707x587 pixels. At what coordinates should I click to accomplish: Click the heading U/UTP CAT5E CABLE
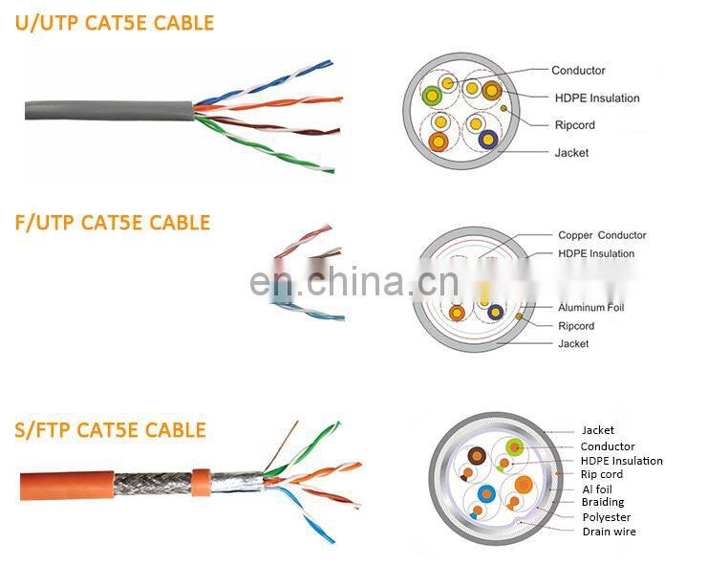click(x=115, y=23)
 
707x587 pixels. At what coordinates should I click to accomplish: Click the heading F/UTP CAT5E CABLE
click(x=113, y=223)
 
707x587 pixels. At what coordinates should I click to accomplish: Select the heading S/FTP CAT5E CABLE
click(x=111, y=429)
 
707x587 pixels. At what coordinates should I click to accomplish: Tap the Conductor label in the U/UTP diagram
click(x=578, y=71)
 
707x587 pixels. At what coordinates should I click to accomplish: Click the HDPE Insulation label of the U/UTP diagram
click(x=597, y=98)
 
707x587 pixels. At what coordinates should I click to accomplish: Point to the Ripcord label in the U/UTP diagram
click(x=574, y=125)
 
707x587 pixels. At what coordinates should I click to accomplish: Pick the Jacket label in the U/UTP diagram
click(x=571, y=153)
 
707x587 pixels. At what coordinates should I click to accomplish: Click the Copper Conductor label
click(x=602, y=235)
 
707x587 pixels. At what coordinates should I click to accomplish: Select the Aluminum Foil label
click(x=591, y=307)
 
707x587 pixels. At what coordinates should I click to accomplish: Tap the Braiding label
click(x=603, y=502)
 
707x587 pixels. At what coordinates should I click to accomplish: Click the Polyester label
click(x=607, y=517)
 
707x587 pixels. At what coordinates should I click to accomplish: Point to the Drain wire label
click(x=610, y=532)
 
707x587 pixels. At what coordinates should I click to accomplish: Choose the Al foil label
click(x=597, y=489)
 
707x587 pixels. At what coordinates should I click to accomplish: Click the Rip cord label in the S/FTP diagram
click(x=602, y=474)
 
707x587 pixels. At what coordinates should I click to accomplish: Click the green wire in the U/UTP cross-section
click(x=432, y=96)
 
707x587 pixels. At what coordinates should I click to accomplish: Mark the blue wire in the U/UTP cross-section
click(x=488, y=140)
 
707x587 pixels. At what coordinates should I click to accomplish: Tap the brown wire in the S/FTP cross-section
click(x=477, y=456)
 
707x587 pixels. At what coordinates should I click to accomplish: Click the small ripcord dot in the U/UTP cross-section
click(x=503, y=108)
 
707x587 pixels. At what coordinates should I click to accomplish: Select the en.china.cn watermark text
click(x=353, y=281)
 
